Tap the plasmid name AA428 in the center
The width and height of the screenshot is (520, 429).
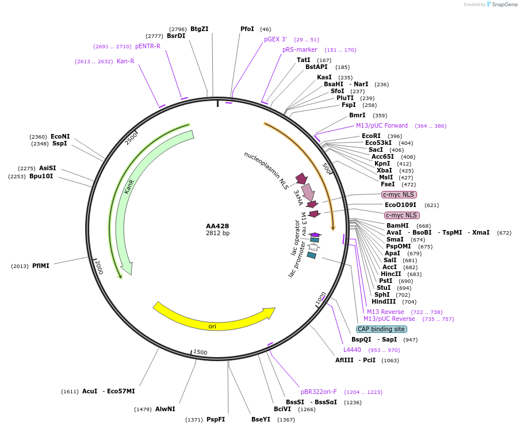click(217, 226)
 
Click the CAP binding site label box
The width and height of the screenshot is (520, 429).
click(381, 330)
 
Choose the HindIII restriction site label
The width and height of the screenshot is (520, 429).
click(384, 301)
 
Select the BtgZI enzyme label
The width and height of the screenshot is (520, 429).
click(199, 29)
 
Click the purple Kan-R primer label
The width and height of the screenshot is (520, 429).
click(125, 61)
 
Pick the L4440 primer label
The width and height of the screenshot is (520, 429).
click(352, 350)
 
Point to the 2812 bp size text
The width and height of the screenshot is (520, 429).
click(217, 233)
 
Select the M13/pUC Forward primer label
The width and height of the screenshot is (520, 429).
click(381, 125)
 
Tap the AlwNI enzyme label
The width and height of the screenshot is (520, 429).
click(165, 409)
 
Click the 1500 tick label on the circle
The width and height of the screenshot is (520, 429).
click(200, 352)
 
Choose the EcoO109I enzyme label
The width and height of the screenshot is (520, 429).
click(400, 205)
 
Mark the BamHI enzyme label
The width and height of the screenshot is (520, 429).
click(397, 225)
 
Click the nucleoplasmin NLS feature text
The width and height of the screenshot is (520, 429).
click(266, 171)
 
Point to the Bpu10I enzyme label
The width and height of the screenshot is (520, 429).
click(41, 176)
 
